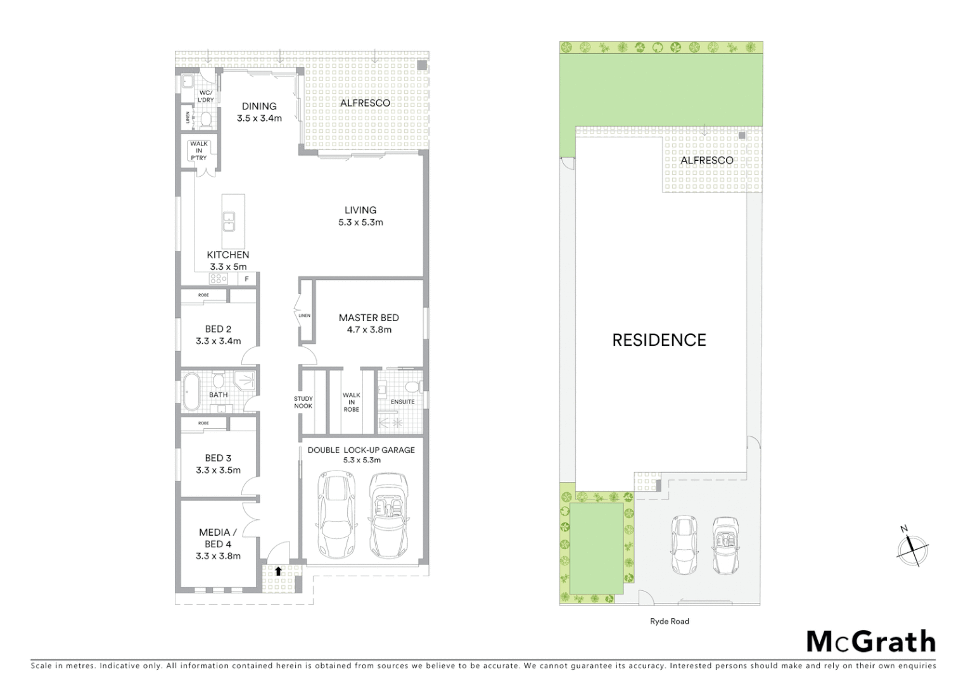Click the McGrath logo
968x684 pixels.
(870, 642)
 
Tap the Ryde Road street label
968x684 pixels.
(669, 621)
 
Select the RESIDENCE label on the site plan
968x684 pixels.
(659, 340)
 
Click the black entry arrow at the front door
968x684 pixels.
(277, 571)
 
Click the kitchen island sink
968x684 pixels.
(229, 221)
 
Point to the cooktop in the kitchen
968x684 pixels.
(219, 279)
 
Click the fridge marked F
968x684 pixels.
(246, 279)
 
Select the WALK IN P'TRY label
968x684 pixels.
(198, 151)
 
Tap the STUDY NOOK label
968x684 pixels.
(303, 402)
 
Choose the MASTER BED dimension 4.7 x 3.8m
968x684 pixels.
(369, 329)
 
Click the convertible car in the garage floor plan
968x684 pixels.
(388, 513)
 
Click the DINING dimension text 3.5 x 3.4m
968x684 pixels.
(259, 118)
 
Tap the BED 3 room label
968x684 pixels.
(218, 458)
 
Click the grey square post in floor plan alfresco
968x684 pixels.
(422, 65)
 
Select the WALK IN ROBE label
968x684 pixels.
(351, 402)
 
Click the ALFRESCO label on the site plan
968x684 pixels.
(707, 160)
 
